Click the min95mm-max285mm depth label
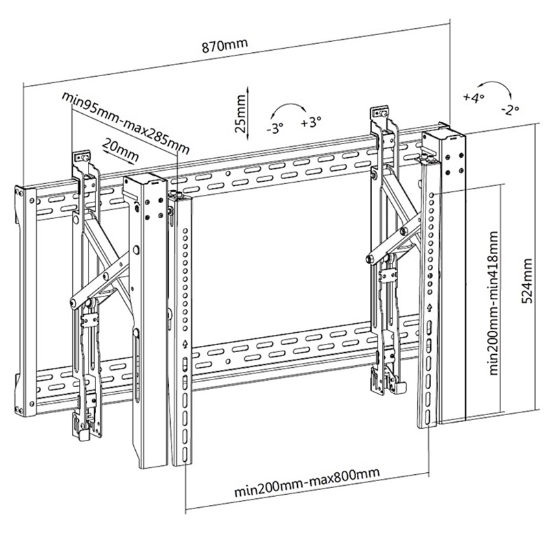click(x=125, y=121)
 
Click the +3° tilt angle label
click(x=310, y=123)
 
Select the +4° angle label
click(x=474, y=97)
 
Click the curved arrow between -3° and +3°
click(x=289, y=108)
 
